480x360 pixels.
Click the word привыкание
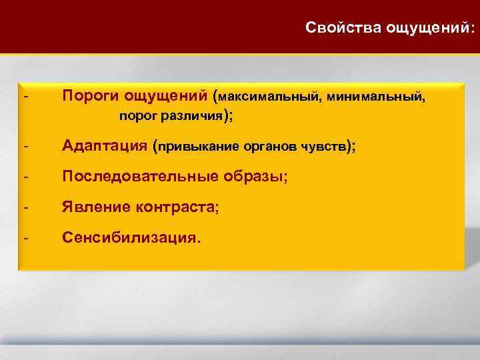(195, 147)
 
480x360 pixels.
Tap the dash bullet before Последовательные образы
(25, 177)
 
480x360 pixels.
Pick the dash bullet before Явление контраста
(25, 207)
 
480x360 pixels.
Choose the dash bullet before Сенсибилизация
(25, 237)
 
